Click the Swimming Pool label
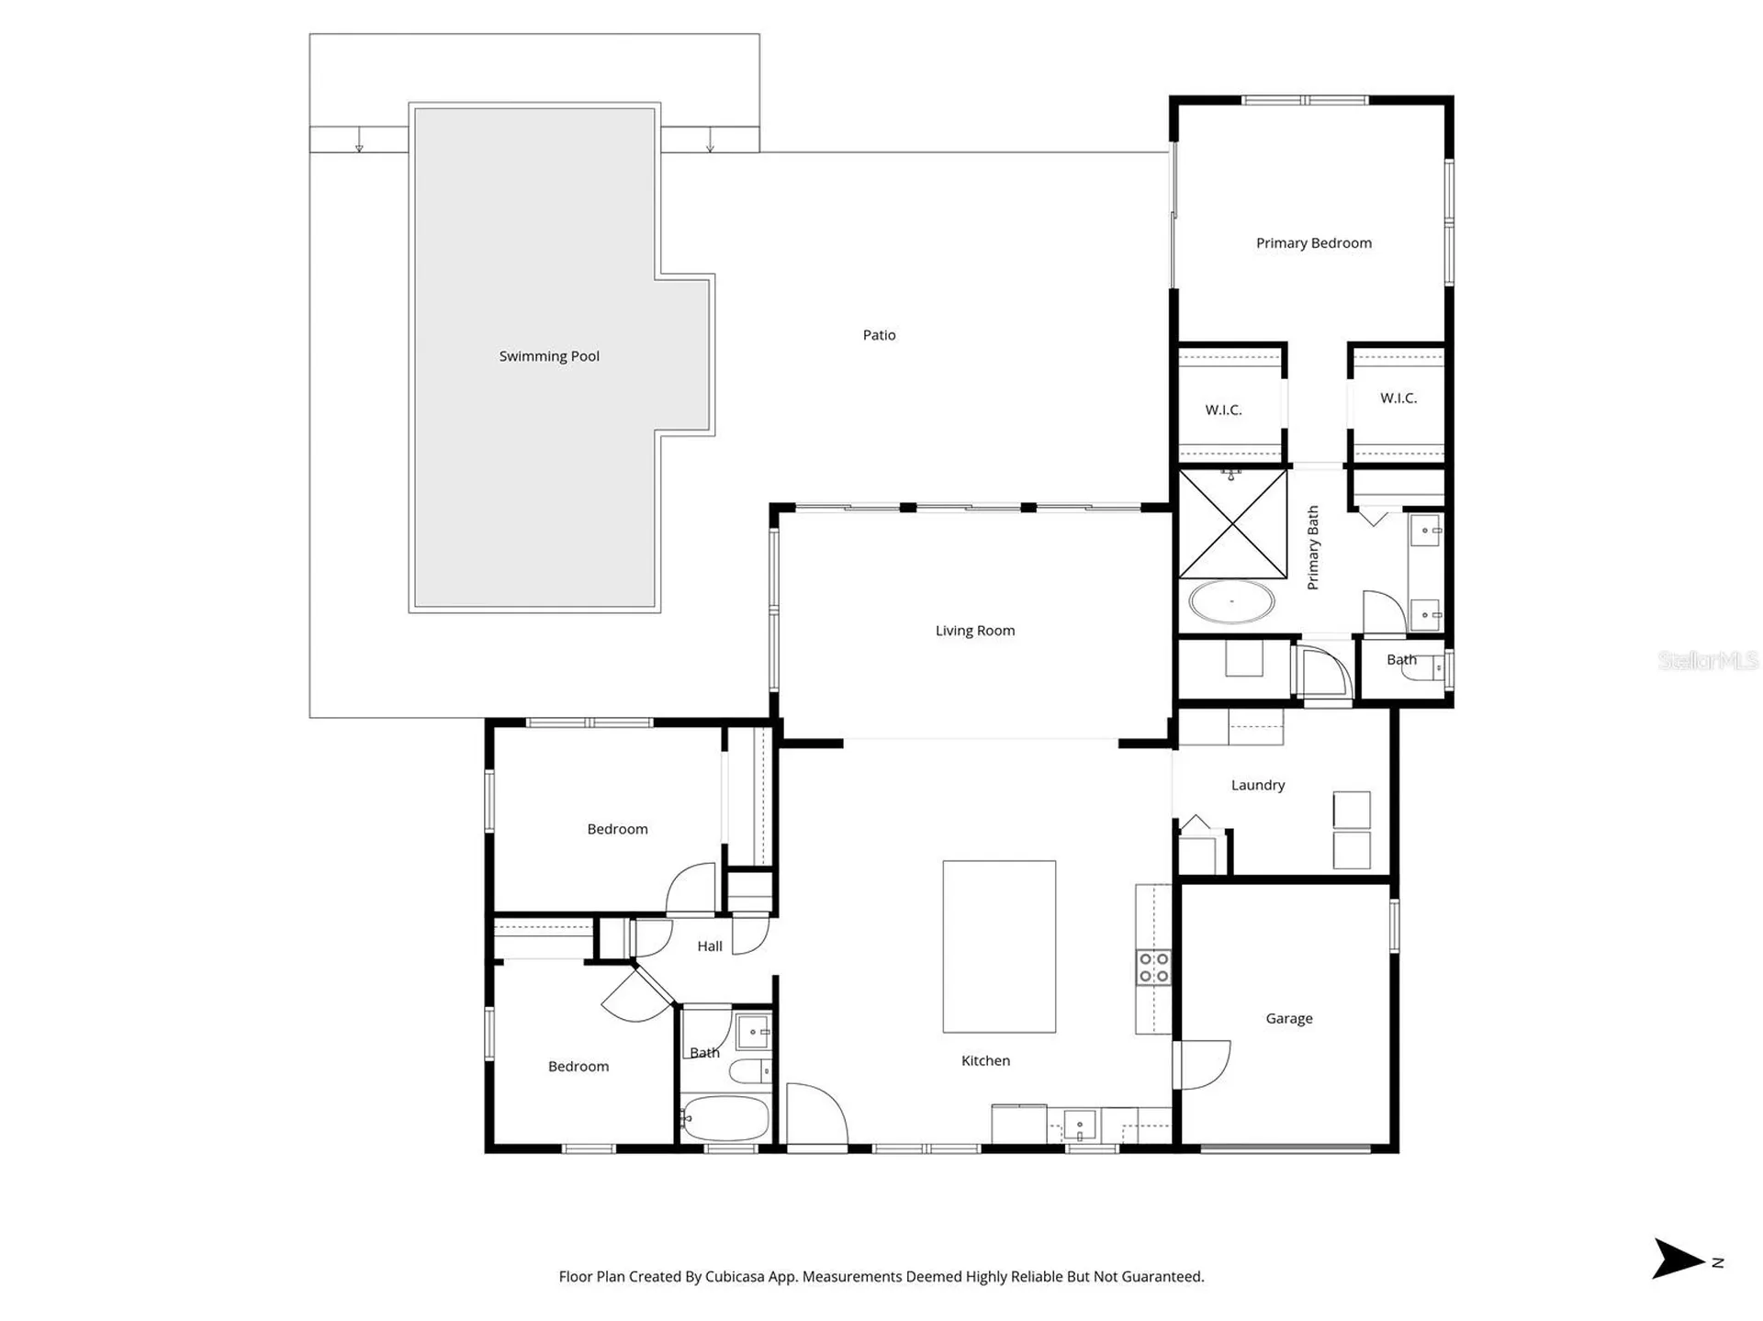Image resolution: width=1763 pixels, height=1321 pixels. (x=549, y=356)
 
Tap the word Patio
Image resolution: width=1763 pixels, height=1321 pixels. (x=879, y=335)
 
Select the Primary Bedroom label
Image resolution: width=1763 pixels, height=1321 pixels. (x=1314, y=243)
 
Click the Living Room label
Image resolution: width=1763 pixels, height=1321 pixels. (x=975, y=631)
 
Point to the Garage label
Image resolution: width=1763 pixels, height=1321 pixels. (x=1289, y=1018)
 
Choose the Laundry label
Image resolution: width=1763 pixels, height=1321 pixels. (x=1258, y=785)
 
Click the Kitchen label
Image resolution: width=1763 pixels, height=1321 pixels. (x=985, y=1060)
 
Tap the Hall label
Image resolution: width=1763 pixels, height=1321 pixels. (x=710, y=946)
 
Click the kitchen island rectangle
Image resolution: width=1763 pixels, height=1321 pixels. (x=999, y=946)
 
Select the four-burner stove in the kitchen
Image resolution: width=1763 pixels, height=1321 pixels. (x=1154, y=967)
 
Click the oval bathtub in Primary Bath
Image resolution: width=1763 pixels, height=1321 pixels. (x=1231, y=602)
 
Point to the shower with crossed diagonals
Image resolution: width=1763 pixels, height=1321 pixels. (x=1232, y=524)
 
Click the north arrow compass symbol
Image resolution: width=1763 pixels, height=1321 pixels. (x=1679, y=1259)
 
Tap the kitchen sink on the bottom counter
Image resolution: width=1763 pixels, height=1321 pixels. (x=1080, y=1125)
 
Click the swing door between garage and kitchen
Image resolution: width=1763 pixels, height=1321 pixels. (x=1203, y=1065)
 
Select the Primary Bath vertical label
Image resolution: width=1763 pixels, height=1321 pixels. (x=1313, y=548)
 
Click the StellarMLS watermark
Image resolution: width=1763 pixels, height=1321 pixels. (x=1708, y=660)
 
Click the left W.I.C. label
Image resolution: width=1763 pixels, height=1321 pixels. (x=1223, y=410)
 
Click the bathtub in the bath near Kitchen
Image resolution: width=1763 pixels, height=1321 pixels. (x=725, y=1118)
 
